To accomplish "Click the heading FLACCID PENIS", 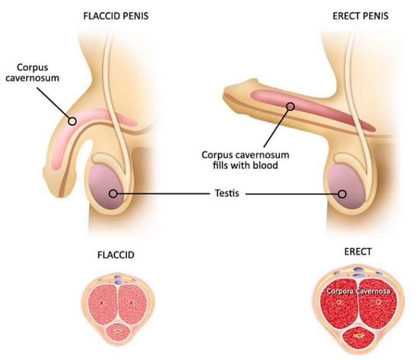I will pyautogui.click(x=116, y=16).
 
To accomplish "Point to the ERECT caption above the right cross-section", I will pyautogui.click(x=358, y=252).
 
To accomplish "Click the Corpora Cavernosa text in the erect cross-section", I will pyautogui.click(x=359, y=291).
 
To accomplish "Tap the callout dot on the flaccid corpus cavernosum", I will pyautogui.click(x=72, y=121).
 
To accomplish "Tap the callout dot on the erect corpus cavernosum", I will pyautogui.click(x=289, y=106).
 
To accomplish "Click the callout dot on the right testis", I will pyautogui.click(x=342, y=194).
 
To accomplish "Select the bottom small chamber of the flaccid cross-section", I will pyautogui.click(x=119, y=331).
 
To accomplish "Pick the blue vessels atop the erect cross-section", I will pyautogui.click(x=358, y=270).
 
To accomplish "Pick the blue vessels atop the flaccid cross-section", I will pyautogui.click(x=119, y=279).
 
